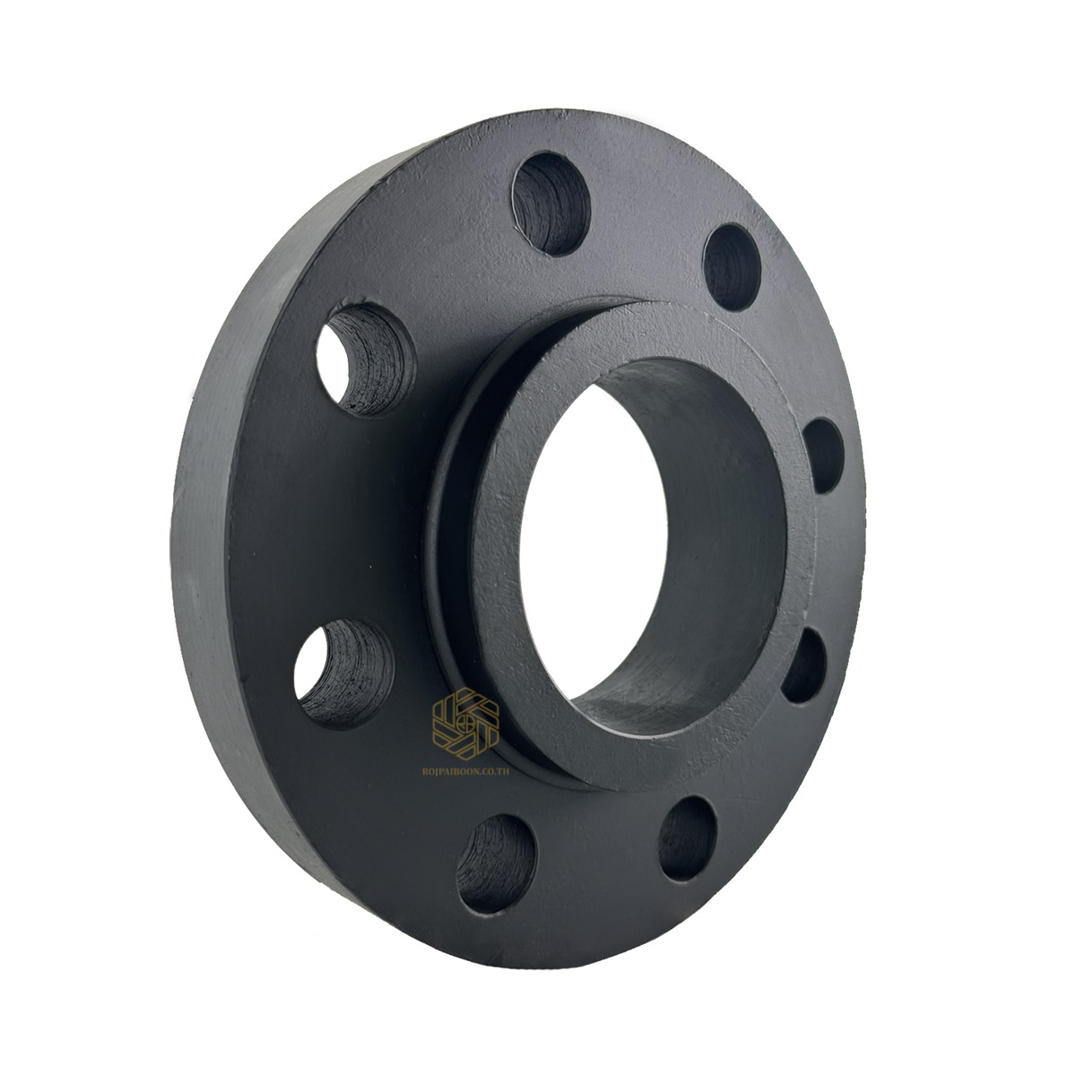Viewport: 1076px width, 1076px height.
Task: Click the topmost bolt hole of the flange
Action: coord(551,204)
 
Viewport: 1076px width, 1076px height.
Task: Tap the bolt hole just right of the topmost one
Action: coord(732,267)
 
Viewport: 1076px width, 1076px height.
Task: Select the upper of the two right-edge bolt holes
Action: coord(824,456)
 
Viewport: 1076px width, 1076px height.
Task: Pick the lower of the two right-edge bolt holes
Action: coord(804,667)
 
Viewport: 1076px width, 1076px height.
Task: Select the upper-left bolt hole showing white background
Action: coord(366,360)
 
